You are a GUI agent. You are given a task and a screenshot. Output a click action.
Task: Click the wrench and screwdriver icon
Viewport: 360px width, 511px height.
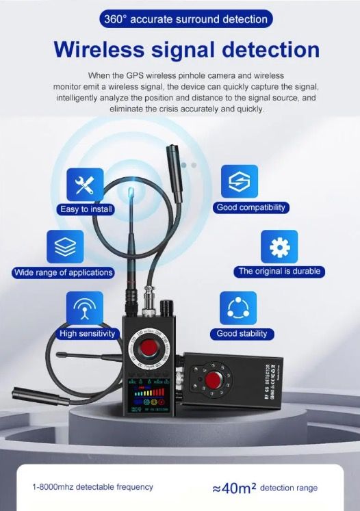tap(85, 183)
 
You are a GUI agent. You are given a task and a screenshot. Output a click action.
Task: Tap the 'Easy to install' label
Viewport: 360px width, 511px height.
tap(85, 209)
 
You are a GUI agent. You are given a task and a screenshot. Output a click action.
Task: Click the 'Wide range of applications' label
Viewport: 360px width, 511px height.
tap(63, 272)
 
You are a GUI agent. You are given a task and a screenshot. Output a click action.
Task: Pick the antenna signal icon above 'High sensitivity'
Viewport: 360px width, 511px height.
tap(85, 308)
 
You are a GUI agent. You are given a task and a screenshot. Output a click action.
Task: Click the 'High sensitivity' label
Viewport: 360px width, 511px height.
tap(88, 334)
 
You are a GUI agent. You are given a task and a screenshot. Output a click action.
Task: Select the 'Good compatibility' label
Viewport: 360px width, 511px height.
tap(251, 207)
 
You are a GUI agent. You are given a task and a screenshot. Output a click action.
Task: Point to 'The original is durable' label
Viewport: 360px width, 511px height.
tap(279, 272)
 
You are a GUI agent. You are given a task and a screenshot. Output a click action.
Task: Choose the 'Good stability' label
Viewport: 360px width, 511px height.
tap(242, 334)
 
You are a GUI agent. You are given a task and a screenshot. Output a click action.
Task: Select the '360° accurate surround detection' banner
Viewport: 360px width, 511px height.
tap(179, 20)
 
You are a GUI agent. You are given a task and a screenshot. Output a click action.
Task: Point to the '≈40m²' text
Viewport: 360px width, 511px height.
tap(234, 487)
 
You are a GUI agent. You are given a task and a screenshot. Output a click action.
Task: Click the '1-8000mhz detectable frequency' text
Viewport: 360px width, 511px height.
tap(93, 487)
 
